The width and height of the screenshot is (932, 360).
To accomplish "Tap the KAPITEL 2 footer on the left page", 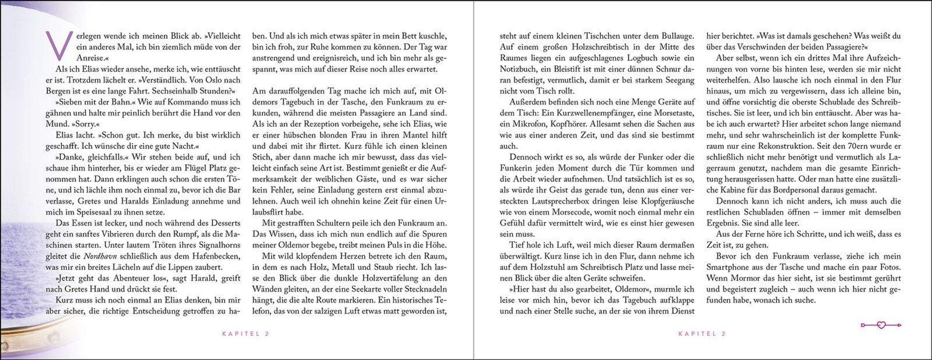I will point(245,334).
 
